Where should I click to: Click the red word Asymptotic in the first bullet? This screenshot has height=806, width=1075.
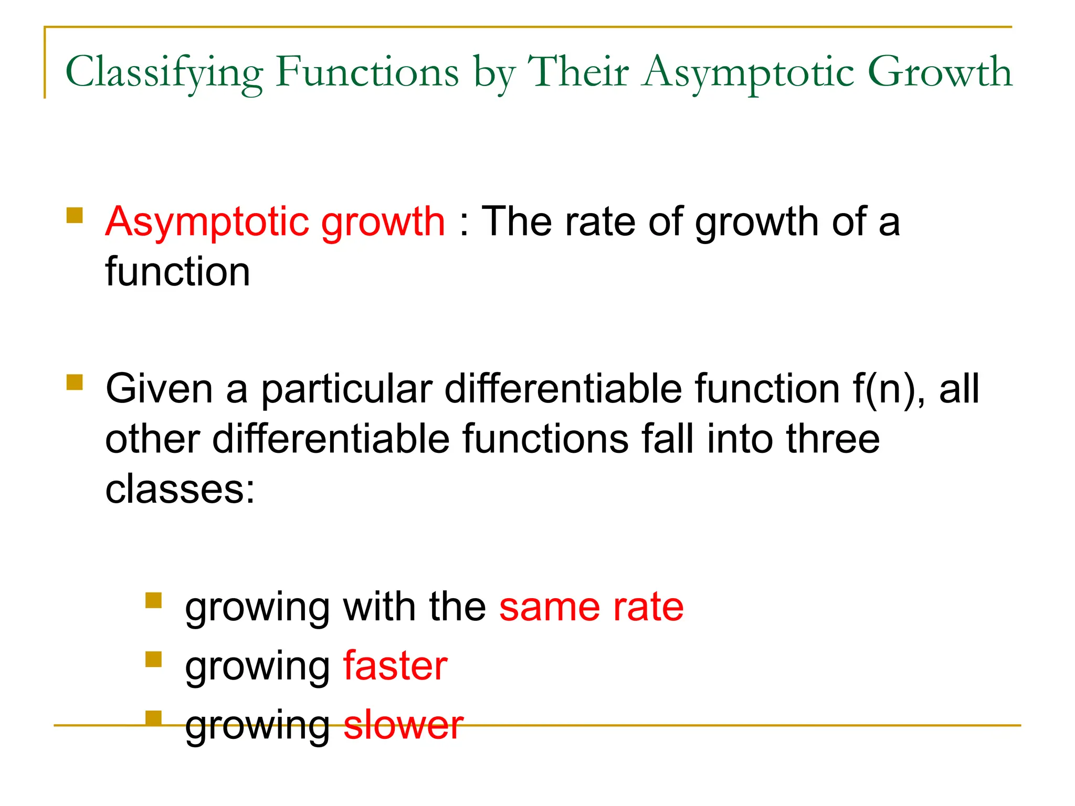208,222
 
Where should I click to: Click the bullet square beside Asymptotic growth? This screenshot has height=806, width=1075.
75,216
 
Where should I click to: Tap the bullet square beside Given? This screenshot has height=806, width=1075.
75,381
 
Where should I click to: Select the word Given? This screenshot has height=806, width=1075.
159,389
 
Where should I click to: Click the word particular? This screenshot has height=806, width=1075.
346,390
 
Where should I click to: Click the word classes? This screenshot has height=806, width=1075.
180,489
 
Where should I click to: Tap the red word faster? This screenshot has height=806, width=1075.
395,666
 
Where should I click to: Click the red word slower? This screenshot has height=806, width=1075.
403,725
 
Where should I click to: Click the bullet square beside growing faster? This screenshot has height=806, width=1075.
153,659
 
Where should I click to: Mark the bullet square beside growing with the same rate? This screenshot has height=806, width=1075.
153,600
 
